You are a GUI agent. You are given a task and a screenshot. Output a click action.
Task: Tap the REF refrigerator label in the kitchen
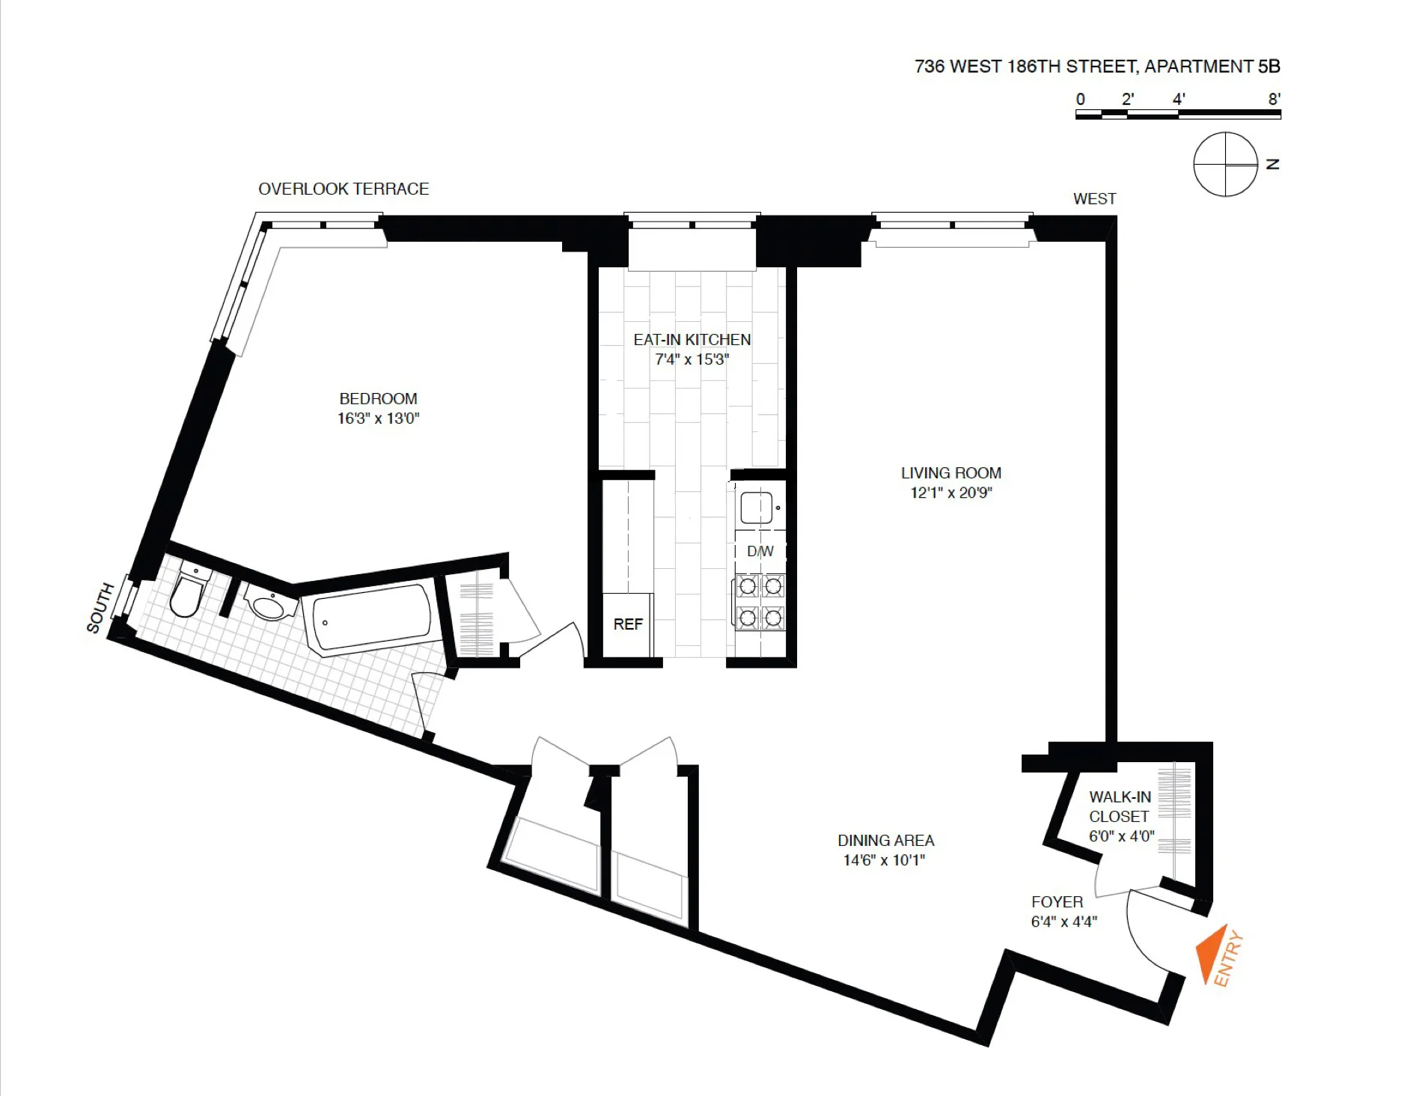pos(628,624)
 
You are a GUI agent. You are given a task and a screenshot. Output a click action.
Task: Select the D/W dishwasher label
pos(760,551)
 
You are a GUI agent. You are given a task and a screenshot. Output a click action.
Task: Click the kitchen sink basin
pos(756,508)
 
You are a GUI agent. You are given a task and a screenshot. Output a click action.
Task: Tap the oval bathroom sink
pos(268,606)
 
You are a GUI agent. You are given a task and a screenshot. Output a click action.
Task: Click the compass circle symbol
pos(1225,164)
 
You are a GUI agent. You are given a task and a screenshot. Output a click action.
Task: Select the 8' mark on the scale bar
pos(1274,99)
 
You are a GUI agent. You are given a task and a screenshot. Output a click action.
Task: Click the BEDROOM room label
pos(378,398)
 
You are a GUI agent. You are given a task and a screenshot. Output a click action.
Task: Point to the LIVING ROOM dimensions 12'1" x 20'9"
pos(950,493)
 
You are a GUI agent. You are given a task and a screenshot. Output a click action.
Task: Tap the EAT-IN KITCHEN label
pos(692,340)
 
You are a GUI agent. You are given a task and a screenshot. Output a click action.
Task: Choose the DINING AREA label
pos(885,841)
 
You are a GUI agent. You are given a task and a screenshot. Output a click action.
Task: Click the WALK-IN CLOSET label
pos(1120,806)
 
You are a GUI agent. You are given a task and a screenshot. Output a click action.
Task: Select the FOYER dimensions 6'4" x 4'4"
pos(1064,922)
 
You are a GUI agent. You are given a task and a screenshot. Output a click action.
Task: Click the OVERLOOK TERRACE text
pos(344,189)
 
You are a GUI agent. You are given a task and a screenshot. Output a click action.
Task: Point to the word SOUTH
pos(100,607)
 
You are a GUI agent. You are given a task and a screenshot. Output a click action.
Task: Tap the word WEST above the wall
pos(1094,198)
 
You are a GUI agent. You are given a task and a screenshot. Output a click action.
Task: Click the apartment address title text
pos(1096,67)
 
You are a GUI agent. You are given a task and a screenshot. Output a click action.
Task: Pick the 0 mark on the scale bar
pos(1080,99)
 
